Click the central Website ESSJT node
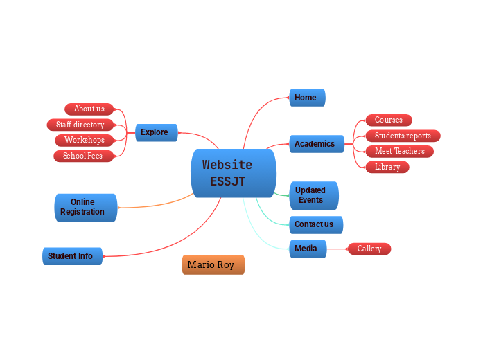tap(234, 173)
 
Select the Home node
tap(307, 98)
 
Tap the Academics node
tap(317, 144)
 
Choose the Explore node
tap(157, 133)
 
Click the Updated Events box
tap(314, 195)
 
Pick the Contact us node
tap(316, 224)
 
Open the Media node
tap(308, 249)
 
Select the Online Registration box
tap(86, 208)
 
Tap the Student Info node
tap(72, 256)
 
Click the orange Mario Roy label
tap(213, 264)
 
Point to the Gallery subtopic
tap(369, 249)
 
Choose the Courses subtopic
tap(389, 120)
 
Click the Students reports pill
tap(403, 136)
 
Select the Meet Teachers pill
tap(400, 151)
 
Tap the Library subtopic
tap(387, 167)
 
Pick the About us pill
tap(89, 109)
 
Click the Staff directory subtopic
tap(80, 125)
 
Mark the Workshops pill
tap(84, 140)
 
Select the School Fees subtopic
tap(83, 156)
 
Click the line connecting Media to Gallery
tap(337, 249)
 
